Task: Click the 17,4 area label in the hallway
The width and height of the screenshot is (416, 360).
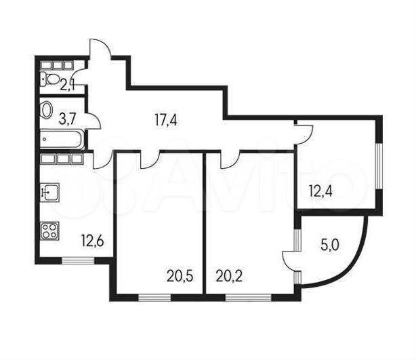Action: [165, 121]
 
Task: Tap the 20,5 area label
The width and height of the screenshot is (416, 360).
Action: [180, 277]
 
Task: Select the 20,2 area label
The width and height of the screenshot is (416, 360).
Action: [229, 277]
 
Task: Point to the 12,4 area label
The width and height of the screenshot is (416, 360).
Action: [320, 191]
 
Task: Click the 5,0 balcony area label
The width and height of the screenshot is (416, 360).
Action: [330, 245]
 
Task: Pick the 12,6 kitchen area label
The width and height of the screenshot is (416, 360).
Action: [93, 242]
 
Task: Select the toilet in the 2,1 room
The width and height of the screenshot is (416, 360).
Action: [50, 79]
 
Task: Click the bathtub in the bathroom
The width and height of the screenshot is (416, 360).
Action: [62, 140]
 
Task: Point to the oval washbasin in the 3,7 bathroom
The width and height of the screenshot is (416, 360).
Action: [47, 110]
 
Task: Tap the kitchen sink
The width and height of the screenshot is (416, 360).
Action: [50, 192]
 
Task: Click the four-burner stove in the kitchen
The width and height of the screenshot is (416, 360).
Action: [50, 231]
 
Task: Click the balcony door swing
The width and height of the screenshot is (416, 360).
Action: [289, 261]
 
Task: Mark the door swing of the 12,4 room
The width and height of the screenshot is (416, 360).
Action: [305, 134]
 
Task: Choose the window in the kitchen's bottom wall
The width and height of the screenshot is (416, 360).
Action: [78, 260]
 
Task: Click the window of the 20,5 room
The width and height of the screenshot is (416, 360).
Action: [154, 298]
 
